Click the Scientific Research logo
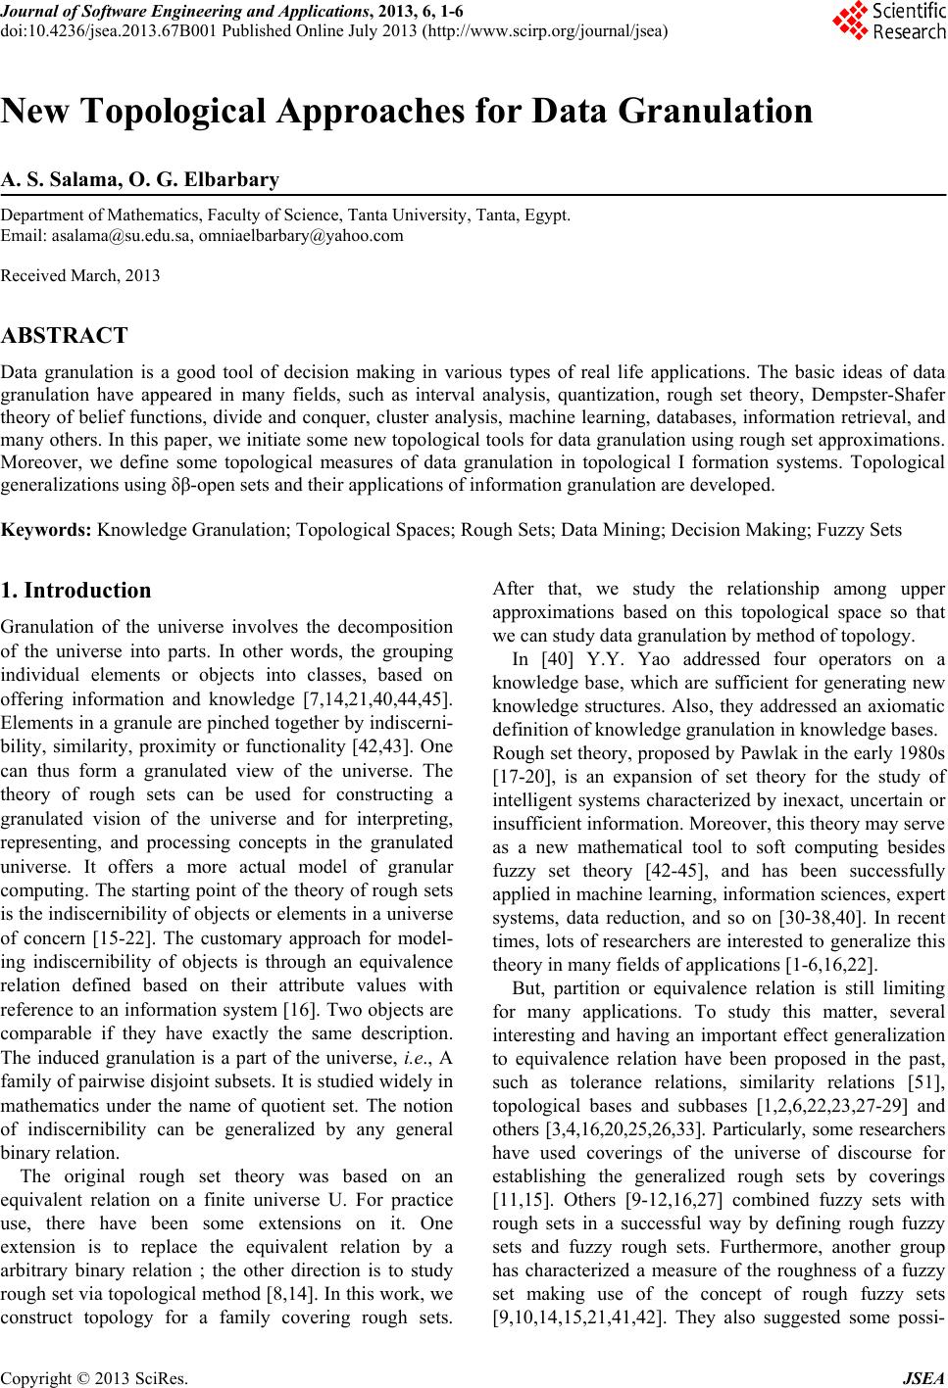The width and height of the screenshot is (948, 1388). point(888,22)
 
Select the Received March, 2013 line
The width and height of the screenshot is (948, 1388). point(80,275)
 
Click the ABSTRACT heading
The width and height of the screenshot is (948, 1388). point(65,336)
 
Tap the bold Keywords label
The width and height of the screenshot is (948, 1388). point(47,530)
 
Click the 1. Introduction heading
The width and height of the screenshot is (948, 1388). point(76,591)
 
